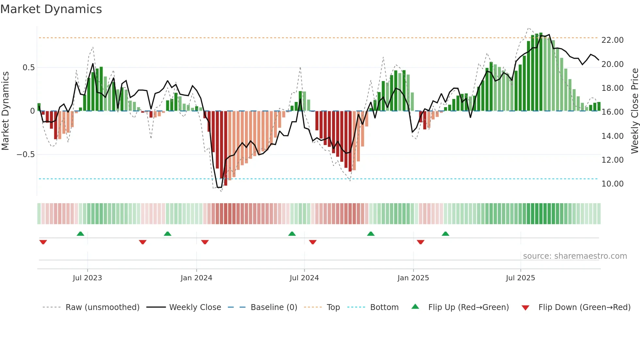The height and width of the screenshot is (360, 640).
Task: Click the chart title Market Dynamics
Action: point(51,9)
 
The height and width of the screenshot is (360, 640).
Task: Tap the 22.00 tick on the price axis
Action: point(612,40)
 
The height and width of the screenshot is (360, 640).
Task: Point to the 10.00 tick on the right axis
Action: point(612,184)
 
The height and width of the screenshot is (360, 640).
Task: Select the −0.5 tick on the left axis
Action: point(25,154)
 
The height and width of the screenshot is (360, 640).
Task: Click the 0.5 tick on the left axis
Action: point(28,67)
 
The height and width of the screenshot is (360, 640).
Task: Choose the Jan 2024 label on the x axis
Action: point(196,278)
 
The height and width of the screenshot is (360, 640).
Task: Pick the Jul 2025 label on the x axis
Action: point(520,278)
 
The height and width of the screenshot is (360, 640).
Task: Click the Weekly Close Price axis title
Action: point(634,111)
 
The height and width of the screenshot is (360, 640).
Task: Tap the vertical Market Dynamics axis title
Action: point(5,111)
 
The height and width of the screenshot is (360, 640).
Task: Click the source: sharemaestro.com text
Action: point(575,256)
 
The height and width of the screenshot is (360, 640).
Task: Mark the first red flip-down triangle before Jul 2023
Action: point(43,242)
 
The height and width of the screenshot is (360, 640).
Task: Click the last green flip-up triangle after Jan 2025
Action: point(445,234)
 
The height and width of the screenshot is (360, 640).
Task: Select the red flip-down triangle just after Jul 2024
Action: point(312,242)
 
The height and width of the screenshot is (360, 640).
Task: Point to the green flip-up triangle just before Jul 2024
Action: point(292,234)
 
